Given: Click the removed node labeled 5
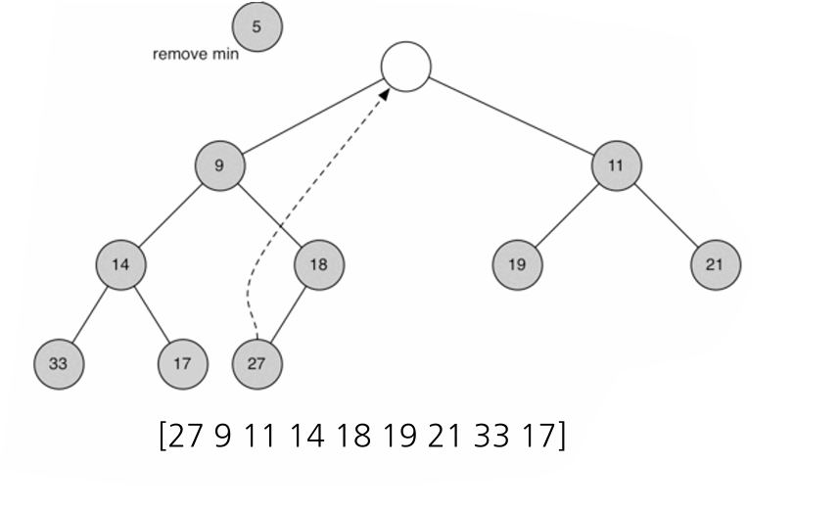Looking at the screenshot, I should point(257,26).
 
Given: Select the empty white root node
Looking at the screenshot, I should point(406,67).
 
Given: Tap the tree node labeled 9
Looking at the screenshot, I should point(219,165).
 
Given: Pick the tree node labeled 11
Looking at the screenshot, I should point(616,165).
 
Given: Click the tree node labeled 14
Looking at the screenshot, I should point(121,264).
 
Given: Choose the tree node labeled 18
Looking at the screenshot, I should point(319,264).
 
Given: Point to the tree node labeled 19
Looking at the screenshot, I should point(517,264).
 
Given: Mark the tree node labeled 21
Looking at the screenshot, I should point(715,264).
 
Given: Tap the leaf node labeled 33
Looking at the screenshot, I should point(59,364).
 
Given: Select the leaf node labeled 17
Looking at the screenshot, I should point(183,364).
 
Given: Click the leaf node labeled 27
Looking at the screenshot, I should point(257,364).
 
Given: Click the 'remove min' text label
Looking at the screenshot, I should point(195,54).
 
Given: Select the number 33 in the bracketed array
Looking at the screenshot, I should point(490,435).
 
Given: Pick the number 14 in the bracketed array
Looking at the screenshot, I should point(306,435).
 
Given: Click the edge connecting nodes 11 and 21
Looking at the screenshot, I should point(666,215).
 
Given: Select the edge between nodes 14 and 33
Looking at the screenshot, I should point(90,314).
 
